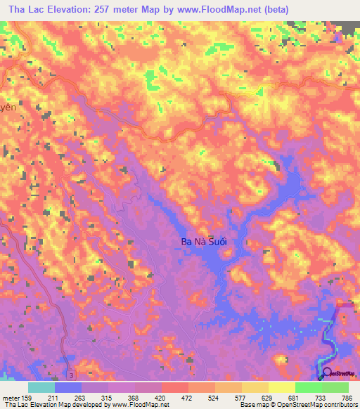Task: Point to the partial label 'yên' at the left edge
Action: [x=7, y=109]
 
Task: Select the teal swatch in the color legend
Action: [x=41, y=387]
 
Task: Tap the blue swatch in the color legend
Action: [x=67, y=387]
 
